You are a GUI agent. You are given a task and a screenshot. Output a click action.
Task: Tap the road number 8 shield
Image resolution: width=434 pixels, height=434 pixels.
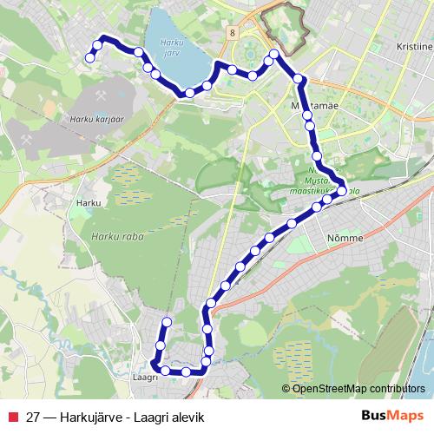click(x=233, y=32)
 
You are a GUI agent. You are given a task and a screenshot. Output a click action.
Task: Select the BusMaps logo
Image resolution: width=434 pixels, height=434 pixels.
click(x=391, y=415)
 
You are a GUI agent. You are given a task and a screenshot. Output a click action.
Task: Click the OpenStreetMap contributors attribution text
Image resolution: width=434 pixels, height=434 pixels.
click(x=358, y=388)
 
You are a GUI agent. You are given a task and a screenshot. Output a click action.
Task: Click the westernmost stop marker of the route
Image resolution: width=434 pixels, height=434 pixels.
click(x=89, y=58)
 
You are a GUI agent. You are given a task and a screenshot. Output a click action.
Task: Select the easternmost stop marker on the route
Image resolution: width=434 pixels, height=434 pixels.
click(x=342, y=191)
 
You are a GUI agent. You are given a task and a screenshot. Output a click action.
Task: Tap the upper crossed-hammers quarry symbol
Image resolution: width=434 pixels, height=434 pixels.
click(x=103, y=89)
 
